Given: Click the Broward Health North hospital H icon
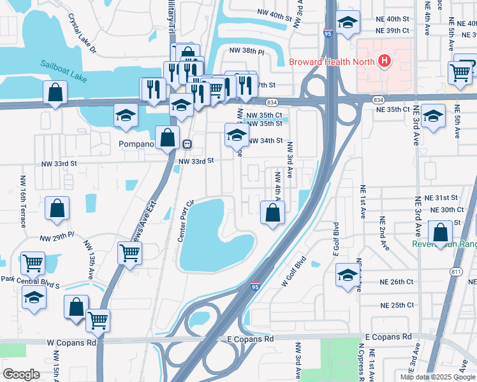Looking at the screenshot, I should pyautogui.click(x=385, y=61).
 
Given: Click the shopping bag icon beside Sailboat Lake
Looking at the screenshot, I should pyautogui.click(x=56, y=92).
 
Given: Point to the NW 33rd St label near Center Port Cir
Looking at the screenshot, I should pyautogui.click(x=195, y=161).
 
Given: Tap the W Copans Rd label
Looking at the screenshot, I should pyautogui.click(x=71, y=343).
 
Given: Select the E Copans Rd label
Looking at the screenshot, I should pyautogui.click(x=251, y=339).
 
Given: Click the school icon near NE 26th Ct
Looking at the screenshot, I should pyautogui.click(x=348, y=274).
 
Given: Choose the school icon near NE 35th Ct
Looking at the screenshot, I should pyautogui.click(x=433, y=117).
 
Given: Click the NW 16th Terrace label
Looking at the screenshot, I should pyautogui.click(x=23, y=201).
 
